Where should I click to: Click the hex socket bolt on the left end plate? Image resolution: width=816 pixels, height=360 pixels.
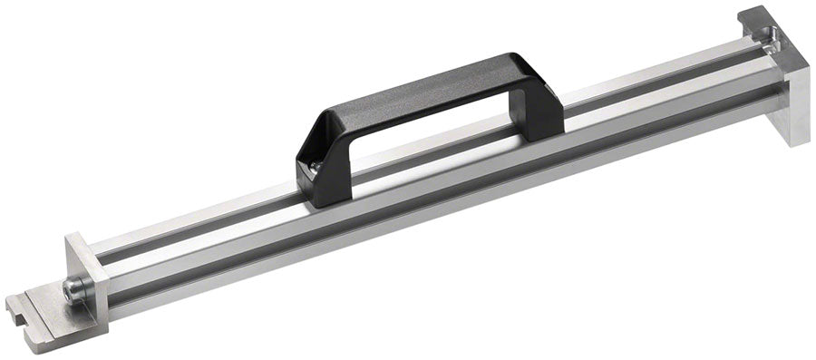coord(72,289)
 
